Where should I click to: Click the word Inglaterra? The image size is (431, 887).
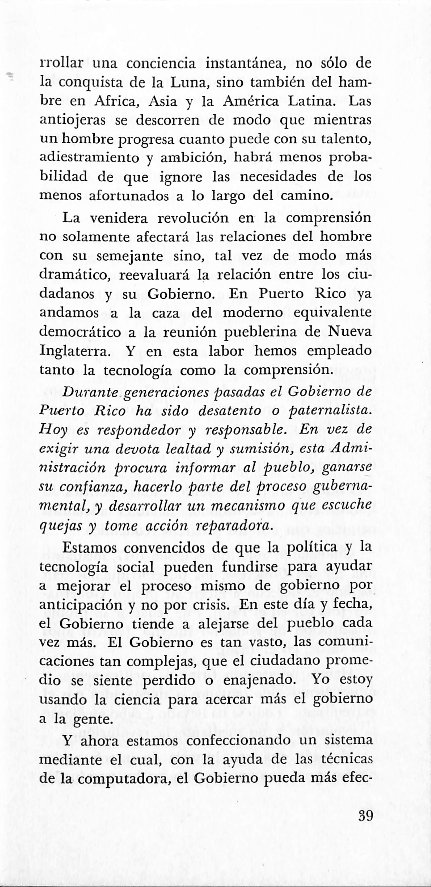78,351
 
